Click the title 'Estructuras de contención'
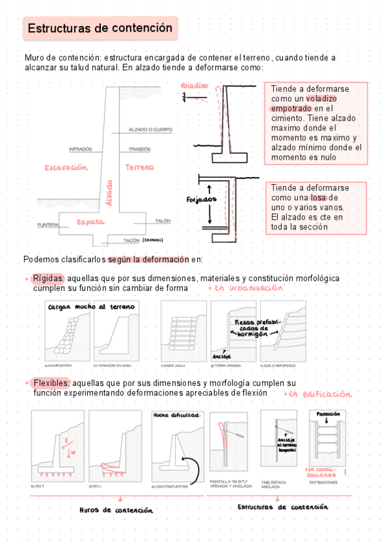coord(100,28)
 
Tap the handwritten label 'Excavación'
coord(65,167)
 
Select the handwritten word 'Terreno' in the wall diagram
coord(140,167)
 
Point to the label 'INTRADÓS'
coord(80,149)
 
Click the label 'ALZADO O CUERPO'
coord(151,129)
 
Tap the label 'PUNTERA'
coord(48,225)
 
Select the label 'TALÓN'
coord(163,221)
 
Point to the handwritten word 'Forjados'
coord(201,199)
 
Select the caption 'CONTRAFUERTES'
coord(173,487)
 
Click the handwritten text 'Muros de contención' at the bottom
coord(116,510)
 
